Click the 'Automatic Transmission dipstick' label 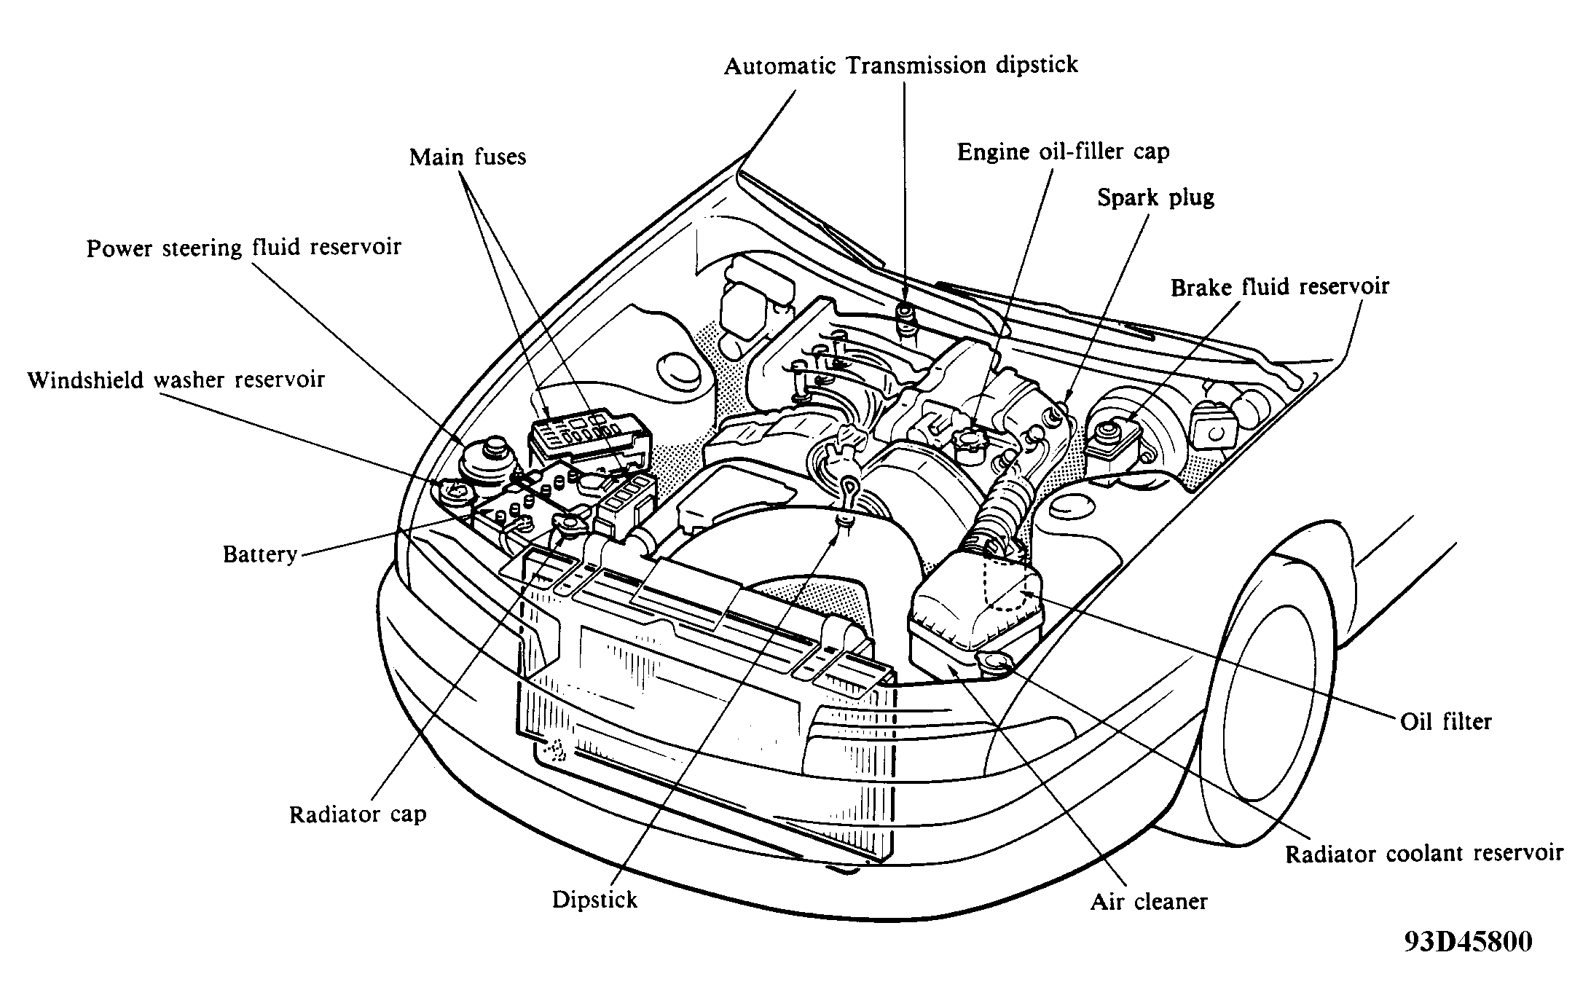click(900, 66)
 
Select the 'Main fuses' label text click(468, 157)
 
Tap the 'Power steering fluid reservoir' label click(244, 248)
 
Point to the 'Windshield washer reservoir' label click(176, 380)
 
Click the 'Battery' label click(260, 554)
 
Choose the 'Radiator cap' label click(358, 814)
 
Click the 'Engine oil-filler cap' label click(1063, 152)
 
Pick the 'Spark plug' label click(1156, 198)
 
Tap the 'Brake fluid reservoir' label click(1280, 286)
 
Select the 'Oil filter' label click(1446, 721)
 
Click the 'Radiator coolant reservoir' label click(1424, 853)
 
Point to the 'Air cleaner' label click(1149, 902)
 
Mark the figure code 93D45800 click(1468, 942)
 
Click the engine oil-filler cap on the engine click(967, 442)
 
